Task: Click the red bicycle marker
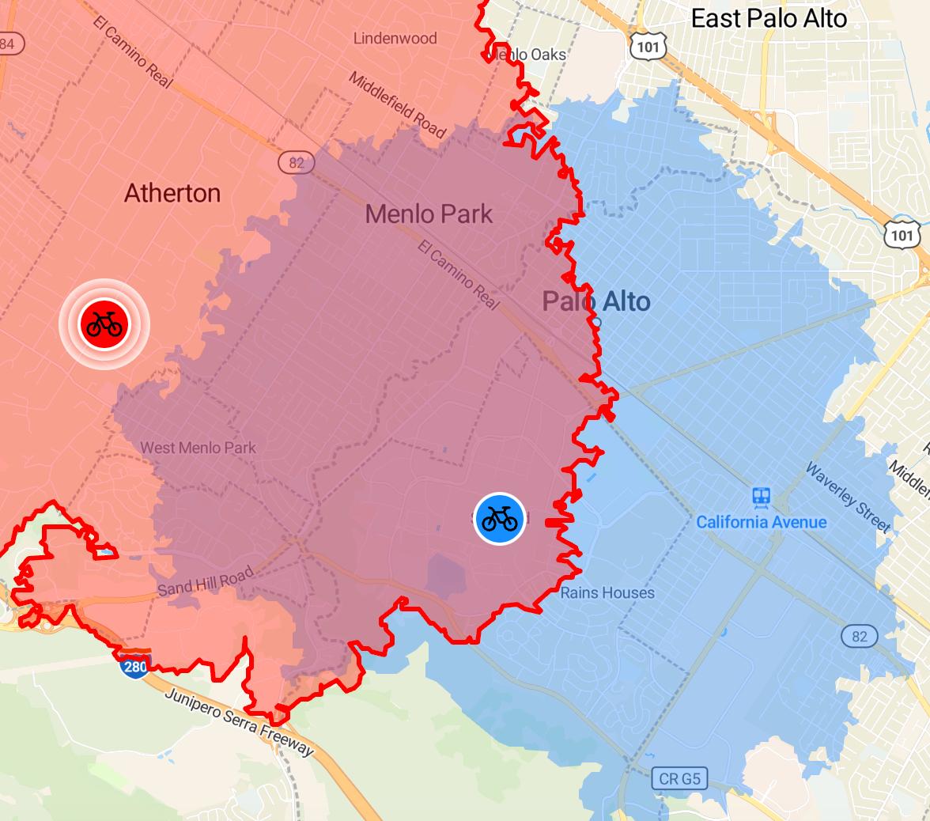tap(104, 323)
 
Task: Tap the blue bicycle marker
tap(500, 518)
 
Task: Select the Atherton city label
tap(172, 193)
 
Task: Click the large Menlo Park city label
tap(429, 214)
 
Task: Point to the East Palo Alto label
tap(769, 18)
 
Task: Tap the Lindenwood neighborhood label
tap(395, 38)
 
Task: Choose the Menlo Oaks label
tap(528, 55)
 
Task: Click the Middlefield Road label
tap(398, 105)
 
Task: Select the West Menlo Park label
tap(198, 448)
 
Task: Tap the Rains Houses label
tap(607, 592)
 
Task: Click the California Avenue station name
tap(761, 522)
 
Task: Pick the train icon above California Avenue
tap(761, 497)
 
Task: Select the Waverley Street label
tap(848, 496)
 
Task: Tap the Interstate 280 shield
tap(134, 666)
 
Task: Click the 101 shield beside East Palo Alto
tap(647, 47)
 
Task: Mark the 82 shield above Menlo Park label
tap(297, 163)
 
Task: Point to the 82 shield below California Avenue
tap(859, 636)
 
